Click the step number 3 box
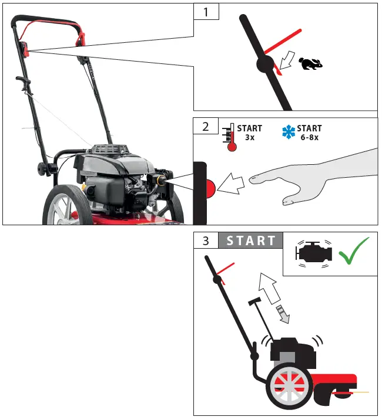[206, 241]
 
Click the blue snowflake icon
[289, 132]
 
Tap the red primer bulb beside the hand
[210, 188]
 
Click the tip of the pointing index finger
[251, 178]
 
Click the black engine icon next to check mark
[316, 252]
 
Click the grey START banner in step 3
[251, 241]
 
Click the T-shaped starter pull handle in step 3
[256, 302]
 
